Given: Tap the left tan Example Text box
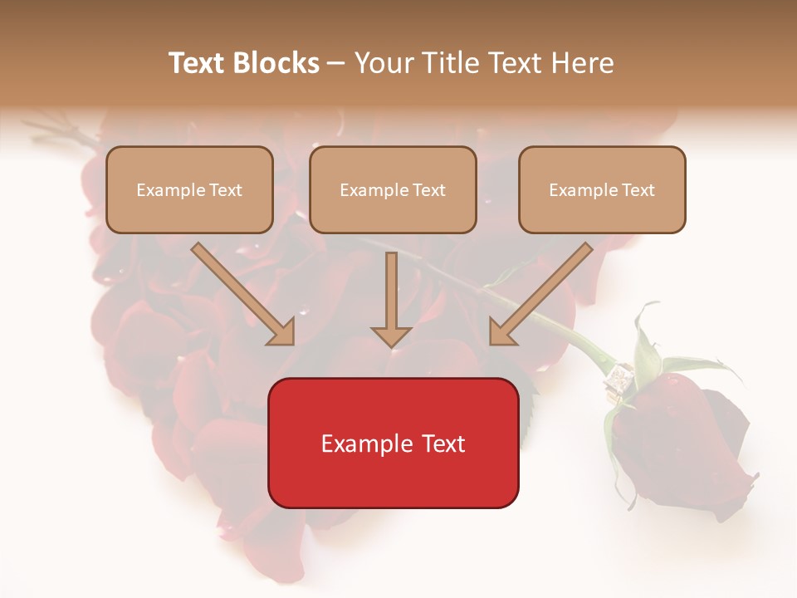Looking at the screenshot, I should (x=189, y=189).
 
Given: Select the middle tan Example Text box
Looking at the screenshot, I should (x=393, y=189).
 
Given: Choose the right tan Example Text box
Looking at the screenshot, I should (x=602, y=189).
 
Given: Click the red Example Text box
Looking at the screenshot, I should (x=393, y=443).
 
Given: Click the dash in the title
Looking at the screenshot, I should (x=336, y=63).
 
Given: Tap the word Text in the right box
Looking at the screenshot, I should (x=638, y=189).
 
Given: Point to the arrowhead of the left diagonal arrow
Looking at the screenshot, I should (x=282, y=333).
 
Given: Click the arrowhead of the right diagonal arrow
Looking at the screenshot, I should (x=501, y=333).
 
